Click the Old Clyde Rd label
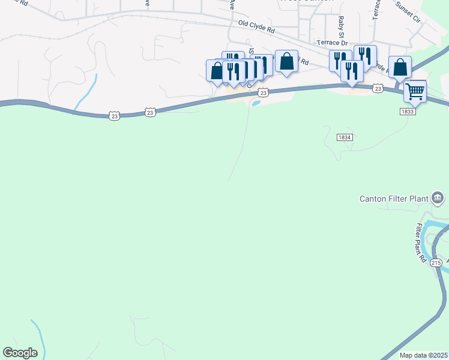tap(256, 26)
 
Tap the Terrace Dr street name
tap(333, 43)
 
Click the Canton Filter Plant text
tap(393, 199)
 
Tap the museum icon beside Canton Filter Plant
tap(438, 197)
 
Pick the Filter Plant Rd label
tap(421, 243)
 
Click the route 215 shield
tap(436, 263)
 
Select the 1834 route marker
tap(344, 137)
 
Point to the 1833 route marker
tap(408, 111)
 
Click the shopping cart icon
tap(415, 92)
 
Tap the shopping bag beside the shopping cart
tap(400, 67)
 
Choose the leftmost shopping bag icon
tap(216, 70)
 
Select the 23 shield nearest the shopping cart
tap(377, 89)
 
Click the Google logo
tap(20, 353)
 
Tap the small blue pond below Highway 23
tap(256, 103)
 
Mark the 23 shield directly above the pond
tap(263, 92)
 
